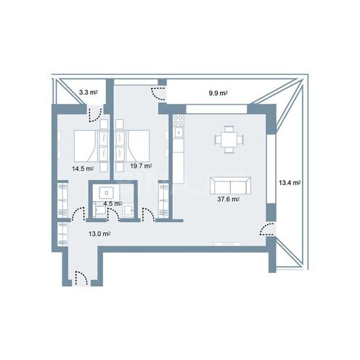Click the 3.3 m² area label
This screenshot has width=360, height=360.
point(89,93)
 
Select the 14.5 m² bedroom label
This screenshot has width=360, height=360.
point(81,168)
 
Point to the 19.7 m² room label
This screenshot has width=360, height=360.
point(140,166)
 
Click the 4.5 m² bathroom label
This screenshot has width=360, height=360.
point(112,204)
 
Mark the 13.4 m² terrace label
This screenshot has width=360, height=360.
point(289,183)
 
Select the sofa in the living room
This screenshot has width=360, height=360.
point(229,184)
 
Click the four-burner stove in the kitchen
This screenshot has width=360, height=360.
point(178,132)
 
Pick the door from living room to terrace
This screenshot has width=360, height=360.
point(266,230)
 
